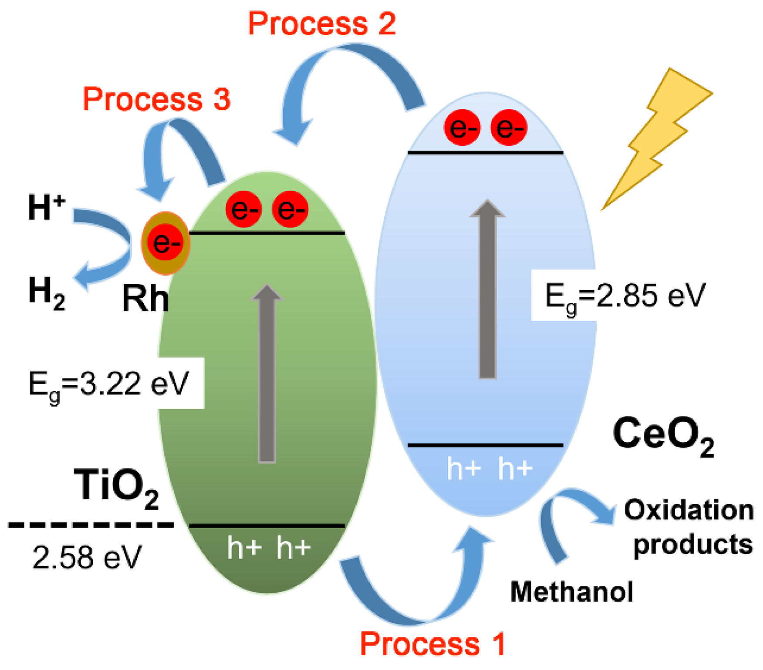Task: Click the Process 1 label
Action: click(432, 644)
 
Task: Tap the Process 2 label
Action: click(322, 24)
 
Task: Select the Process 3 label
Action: click(156, 99)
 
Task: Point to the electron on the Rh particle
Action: click(165, 242)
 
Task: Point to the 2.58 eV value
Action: click(87, 557)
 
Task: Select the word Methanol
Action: click(571, 592)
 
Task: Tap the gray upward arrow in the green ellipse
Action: click(267, 374)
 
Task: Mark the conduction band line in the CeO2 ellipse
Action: click(485, 153)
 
